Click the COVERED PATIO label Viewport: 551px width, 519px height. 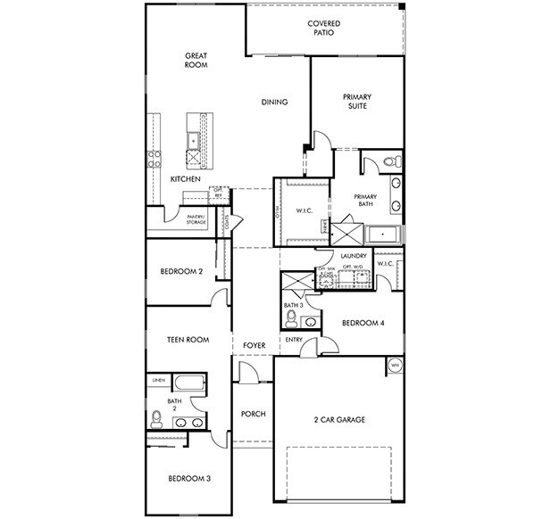323,28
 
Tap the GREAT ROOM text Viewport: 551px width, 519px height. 196,60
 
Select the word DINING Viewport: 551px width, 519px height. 274,102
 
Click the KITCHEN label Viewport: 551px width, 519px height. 185,179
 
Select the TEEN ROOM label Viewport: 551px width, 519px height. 188,339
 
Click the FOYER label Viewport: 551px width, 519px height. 255,344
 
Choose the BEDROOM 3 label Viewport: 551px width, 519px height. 189,479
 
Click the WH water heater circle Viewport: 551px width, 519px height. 394,365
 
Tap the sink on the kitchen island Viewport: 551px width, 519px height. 193,139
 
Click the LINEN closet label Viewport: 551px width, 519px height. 158,381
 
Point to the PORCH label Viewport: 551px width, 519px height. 254,415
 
